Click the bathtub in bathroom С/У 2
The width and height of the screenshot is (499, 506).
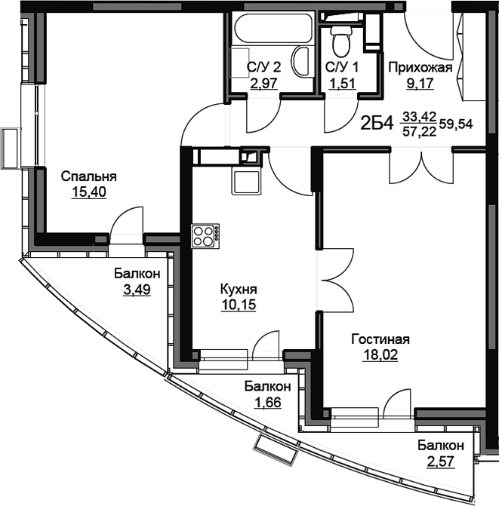coord(273,28)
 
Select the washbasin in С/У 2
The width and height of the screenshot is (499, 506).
coord(303,61)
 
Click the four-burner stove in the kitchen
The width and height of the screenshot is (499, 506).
coord(205,236)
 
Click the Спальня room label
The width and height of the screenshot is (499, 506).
coord(89,177)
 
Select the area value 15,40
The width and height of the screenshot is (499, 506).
coord(89,192)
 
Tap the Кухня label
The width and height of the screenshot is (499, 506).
coord(239,290)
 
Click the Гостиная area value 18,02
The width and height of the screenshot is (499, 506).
coord(380,355)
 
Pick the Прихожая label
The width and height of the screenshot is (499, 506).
coord(420,68)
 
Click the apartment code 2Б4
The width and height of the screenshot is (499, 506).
coord(377,123)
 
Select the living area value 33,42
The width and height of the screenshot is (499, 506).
coord(419,116)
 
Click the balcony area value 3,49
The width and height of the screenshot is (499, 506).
coord(137,290)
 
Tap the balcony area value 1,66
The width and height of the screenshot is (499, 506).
coord(267,402)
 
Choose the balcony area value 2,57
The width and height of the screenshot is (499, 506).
coord(441,462)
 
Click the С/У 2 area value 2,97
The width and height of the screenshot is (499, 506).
coord(264,84)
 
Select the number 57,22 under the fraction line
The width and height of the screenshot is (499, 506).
coord(419,131)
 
